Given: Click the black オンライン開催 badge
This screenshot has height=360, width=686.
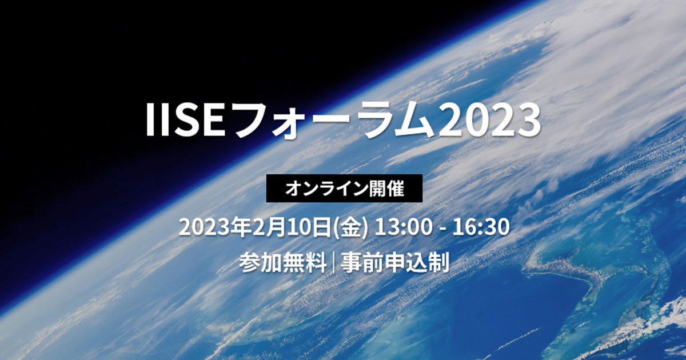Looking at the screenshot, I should point(345,189).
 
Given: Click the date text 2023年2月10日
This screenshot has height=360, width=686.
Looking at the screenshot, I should point(256,227).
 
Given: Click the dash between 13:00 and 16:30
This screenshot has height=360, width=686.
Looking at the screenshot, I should point(440,228).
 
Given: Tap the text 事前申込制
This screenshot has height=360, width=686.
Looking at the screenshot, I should point(394,263).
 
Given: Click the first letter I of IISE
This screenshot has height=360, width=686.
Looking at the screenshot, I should point(150,121).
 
